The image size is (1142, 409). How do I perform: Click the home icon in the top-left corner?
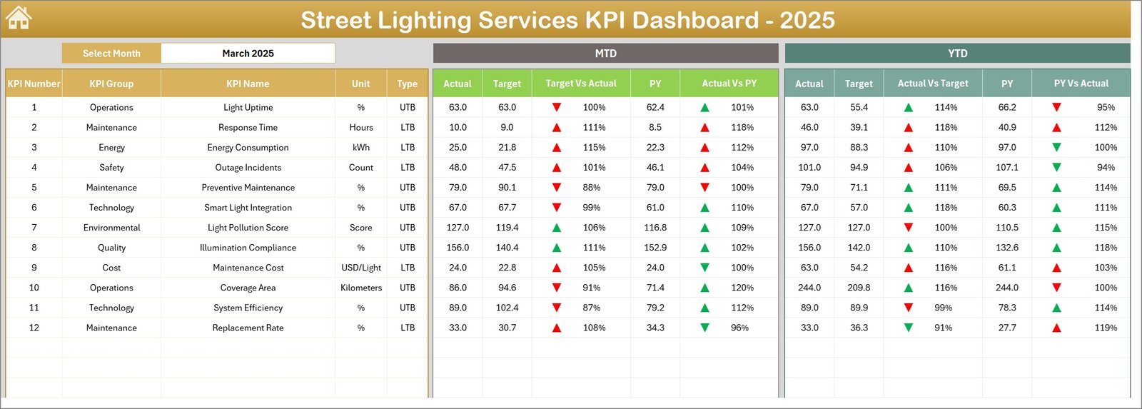pos(19,18)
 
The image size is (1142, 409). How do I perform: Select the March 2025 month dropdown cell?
pos(248,54)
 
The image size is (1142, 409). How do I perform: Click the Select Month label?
pos(111,54)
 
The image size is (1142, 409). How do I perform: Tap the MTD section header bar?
pos(605,54)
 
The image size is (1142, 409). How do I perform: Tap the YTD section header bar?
pos(957,54)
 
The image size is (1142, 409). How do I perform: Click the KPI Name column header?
pos(248,84)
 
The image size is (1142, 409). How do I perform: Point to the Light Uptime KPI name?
pos(248,108)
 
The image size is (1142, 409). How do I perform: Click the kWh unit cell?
pos(360,148)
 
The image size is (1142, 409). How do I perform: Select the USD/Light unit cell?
pos(360,268)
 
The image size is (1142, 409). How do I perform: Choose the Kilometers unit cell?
pos(360,288)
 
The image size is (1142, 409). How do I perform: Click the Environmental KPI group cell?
pos(111,228)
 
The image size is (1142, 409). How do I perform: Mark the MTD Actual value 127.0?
pos(458,228)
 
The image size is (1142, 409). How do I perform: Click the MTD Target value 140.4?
pos(507,248)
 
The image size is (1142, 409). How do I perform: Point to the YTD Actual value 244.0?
pos(809,288)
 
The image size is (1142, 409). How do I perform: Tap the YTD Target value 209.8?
pos(859,288)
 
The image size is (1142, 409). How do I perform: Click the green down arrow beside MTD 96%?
pos(704,328)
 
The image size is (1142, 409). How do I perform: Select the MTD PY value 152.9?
pos(655,248)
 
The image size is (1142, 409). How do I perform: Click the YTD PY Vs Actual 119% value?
pos(1105,328)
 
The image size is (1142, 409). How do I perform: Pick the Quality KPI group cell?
pos(111,248)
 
